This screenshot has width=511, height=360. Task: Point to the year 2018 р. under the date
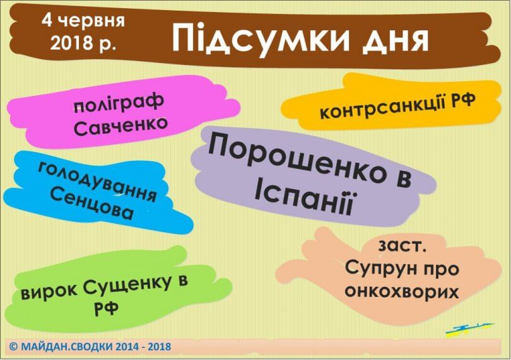pyautogui.click(x=83, y=42)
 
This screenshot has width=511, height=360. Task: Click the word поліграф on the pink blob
pyautogui.click(x=119, y=103)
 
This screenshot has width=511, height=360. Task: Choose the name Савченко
pyautogui.click(x=120, y=125)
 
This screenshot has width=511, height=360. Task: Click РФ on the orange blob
pyautogui.click(x=463, y=100)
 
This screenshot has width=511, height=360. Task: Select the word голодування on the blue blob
pyautogui.click(x=97, y=182)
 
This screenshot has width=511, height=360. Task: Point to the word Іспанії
pyautogui.click(x=303, y=198)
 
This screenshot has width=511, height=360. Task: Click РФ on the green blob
pyautogui.click(x=106, y=308)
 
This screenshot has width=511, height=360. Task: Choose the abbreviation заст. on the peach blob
pyautogui.click(x=402, y=246)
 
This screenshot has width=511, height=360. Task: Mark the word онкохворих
pyautogui.click(x=401, y=291)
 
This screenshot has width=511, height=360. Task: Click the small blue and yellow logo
pyautogui.click(x=469, y=328)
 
